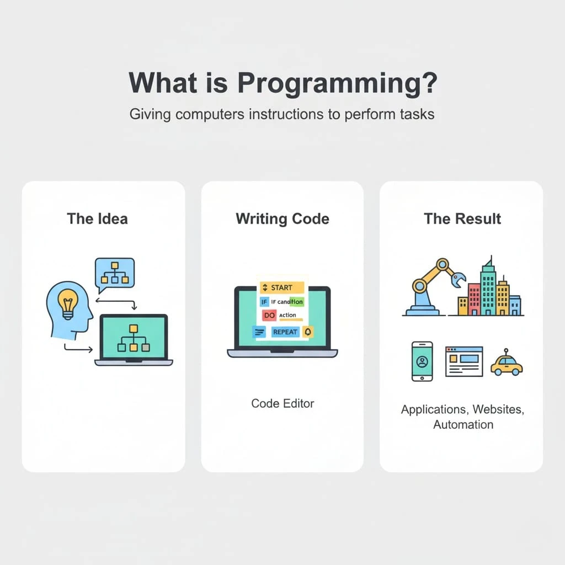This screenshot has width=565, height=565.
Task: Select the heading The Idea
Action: [x=97, y=218]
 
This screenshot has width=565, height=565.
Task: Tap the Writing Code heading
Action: [x=282, y=218]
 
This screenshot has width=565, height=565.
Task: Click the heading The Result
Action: [x=462, y=218]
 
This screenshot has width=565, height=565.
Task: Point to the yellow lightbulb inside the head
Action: [x=68, y=302]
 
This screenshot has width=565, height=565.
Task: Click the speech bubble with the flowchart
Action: [x=115, y=274]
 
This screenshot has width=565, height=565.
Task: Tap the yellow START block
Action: [x=282, y=287]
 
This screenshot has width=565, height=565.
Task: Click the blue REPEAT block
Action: [x=285, y=332]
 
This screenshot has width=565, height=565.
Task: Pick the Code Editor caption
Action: [x=282, y=403]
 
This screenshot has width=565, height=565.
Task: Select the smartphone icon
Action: [x=422, y=361]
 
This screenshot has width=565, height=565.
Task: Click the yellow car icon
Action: [x=507, y=363]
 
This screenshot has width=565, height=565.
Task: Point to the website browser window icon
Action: [x=463, y=361]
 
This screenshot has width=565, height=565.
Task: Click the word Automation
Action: [x=463, y=424]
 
